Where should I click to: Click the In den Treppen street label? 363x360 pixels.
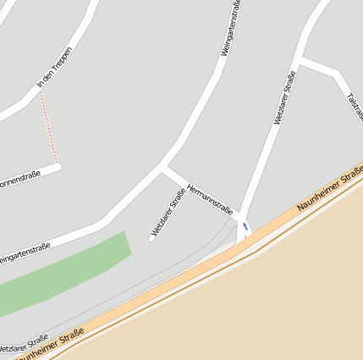[x=55, y=69]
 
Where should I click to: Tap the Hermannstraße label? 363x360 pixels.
[x=209, y=197]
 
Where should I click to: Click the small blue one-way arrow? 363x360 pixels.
[x=245, y=226]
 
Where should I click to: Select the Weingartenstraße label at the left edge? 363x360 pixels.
[x=24, y=252]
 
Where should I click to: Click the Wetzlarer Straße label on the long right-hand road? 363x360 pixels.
[x=285, y=97]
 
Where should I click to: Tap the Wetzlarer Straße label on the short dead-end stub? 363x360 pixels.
[x=168, y=213]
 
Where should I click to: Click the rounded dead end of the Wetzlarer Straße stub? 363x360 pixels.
[x=152, y=238]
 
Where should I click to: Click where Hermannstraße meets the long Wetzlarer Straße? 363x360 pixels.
[x=241, y=214]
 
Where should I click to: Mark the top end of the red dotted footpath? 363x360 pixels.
[x=40, y=92]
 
